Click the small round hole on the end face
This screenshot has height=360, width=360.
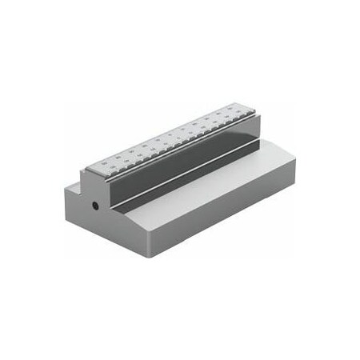click(x=95, y=206)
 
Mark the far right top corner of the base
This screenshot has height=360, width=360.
click(x=295, y=158)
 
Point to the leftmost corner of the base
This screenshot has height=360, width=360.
click(x=62, y=192)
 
